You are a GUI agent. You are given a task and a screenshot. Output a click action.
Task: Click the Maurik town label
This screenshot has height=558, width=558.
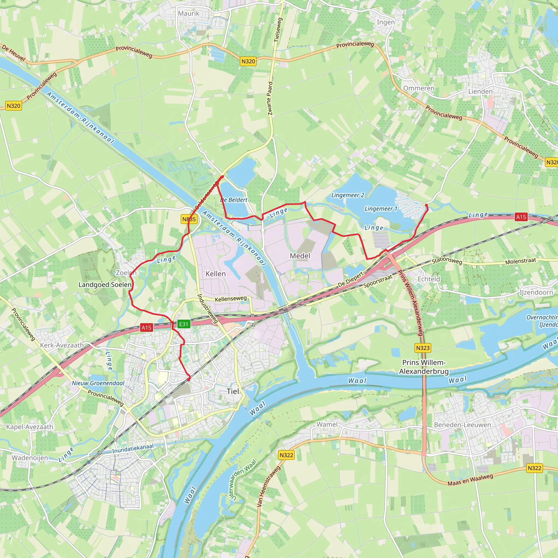pyautogui.click(x=189, y=13)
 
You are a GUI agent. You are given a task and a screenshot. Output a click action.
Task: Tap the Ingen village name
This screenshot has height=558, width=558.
pyautogui.click(x=386, y=22)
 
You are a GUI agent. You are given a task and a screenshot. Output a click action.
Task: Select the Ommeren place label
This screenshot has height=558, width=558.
pyautogui.click(x=418, y=88)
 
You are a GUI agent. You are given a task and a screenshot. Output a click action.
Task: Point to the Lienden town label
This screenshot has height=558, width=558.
pyautogui.click(x=480, y=92)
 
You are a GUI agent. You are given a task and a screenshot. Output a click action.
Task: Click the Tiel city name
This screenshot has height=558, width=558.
pyautogui.click(x=232, y=391)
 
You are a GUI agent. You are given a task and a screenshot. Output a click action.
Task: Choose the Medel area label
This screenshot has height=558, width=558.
pyautogui.click(x=300, y=256)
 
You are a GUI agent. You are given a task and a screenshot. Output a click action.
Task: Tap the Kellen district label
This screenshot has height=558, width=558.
pyautogui.click(x=216, y=274)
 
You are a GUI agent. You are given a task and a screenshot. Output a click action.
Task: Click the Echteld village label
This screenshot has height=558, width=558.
pyautogui.click(x=429, y=279)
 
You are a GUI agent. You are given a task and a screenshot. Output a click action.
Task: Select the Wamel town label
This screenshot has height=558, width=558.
pyautogui.click(x=327, y=424)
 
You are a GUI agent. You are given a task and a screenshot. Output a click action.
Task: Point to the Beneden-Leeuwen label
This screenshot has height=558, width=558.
pyautogui.click(x=462, y=425)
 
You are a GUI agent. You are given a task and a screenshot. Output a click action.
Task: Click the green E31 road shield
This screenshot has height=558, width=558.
pyautogui.click(x=183, y=324)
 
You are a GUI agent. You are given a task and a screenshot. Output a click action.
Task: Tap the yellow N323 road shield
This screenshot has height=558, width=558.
pyautogui.click(x=423, y=348)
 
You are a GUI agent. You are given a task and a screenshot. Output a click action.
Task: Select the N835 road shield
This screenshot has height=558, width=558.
pyautogui.click(x=189, y=219)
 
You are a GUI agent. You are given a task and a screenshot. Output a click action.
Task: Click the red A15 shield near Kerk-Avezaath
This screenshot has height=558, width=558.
pyautogui.click(x=146, y=327)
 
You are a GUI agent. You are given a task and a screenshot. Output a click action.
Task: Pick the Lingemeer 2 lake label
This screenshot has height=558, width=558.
pyautogui.click(x=348, y=195)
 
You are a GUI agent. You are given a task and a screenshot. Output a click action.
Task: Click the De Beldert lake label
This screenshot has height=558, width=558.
pyautogui.click(x=234, y=200)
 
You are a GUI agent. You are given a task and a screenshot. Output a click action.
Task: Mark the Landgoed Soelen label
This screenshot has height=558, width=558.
pyautogui.click(x=105, y=285)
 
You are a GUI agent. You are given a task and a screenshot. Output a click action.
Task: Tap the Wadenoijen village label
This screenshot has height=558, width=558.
pyautogui.click(x=30, y=458)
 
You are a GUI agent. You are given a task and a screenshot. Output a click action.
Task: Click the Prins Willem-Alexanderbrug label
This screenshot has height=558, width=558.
pyautogui.click(x=424, y=367)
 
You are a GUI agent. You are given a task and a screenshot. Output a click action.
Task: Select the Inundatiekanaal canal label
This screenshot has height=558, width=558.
pyautogui.click(x=133, y=448)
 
